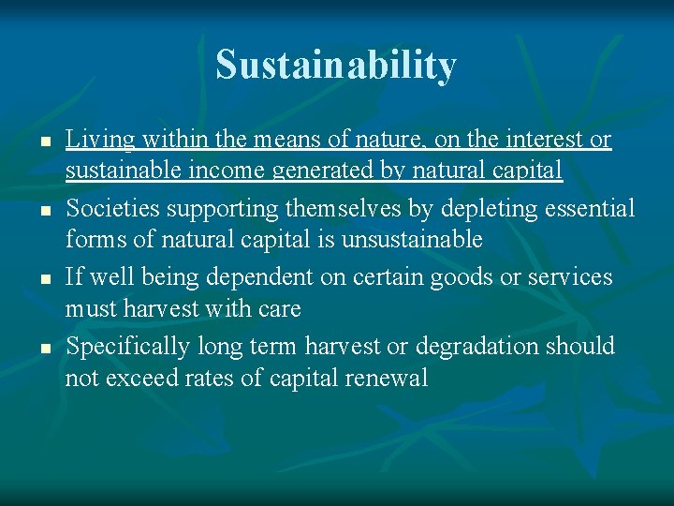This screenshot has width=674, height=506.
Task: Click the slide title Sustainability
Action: tap(336, 66)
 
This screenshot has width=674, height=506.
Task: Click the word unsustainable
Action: tap(412, 240)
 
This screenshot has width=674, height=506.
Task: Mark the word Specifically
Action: tap(127, 347)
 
